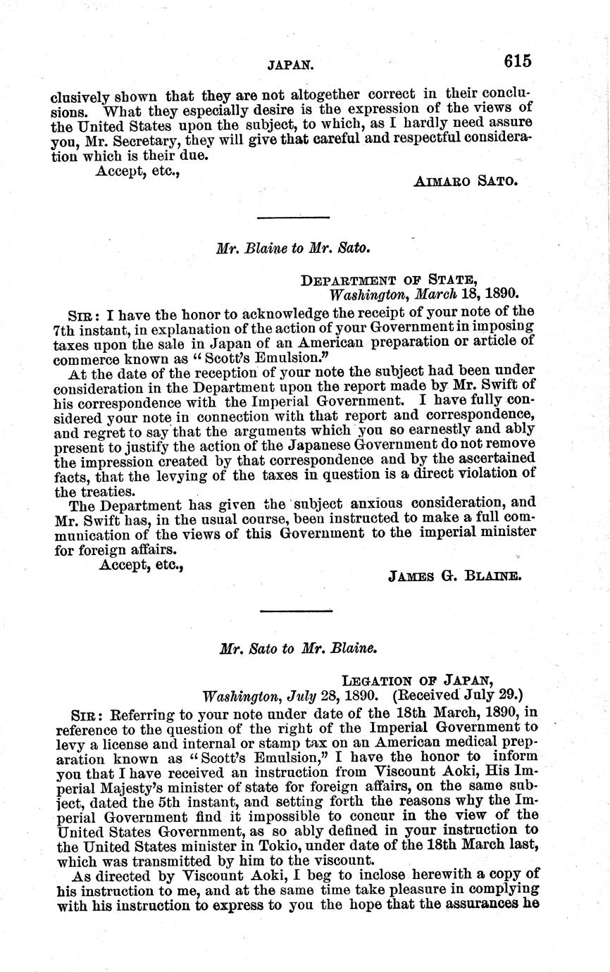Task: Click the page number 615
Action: pyautogui.click(x=518, y=61)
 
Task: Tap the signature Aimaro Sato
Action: pyautogui.click(x=466, y=180)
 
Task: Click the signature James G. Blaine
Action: pyautogui.click(x=454, y=575)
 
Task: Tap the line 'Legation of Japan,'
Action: pyautogui.click(x=417, y=680)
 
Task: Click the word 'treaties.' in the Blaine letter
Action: pyautogui.click(x=83, y=491)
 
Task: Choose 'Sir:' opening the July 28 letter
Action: pyautogui.click(x=82, y=712)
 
